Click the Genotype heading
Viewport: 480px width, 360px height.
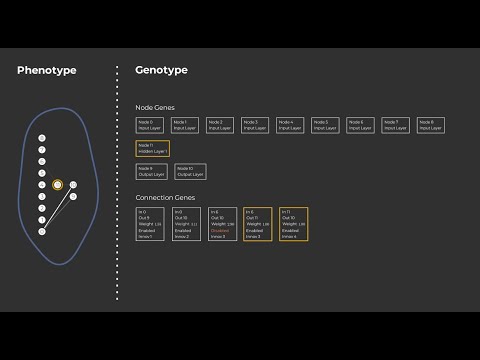(161, 70)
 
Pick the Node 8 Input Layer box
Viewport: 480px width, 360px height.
(430, 125)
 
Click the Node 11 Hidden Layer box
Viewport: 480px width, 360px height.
(153, 148)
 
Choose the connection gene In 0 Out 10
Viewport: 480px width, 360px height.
(188, 224)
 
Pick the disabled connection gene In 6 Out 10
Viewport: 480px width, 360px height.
(223, 224)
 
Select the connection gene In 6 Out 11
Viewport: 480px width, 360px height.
(258, 224)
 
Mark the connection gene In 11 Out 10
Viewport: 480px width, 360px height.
(293, 224)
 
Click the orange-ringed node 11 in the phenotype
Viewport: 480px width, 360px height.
(57, 185)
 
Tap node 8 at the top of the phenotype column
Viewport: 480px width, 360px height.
(42, 138)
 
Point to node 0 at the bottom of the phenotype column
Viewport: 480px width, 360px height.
(42, 232)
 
